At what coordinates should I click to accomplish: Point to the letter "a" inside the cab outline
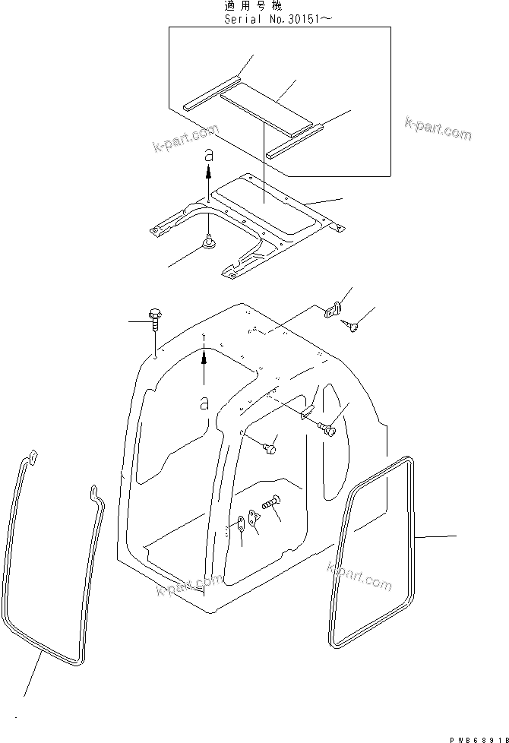[x=204, y=403]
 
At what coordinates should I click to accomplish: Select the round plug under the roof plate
[x=208, y=242]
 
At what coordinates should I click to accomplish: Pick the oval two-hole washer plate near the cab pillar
[x=242, y=523]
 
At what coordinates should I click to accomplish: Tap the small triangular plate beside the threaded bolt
[x=256, y=517]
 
